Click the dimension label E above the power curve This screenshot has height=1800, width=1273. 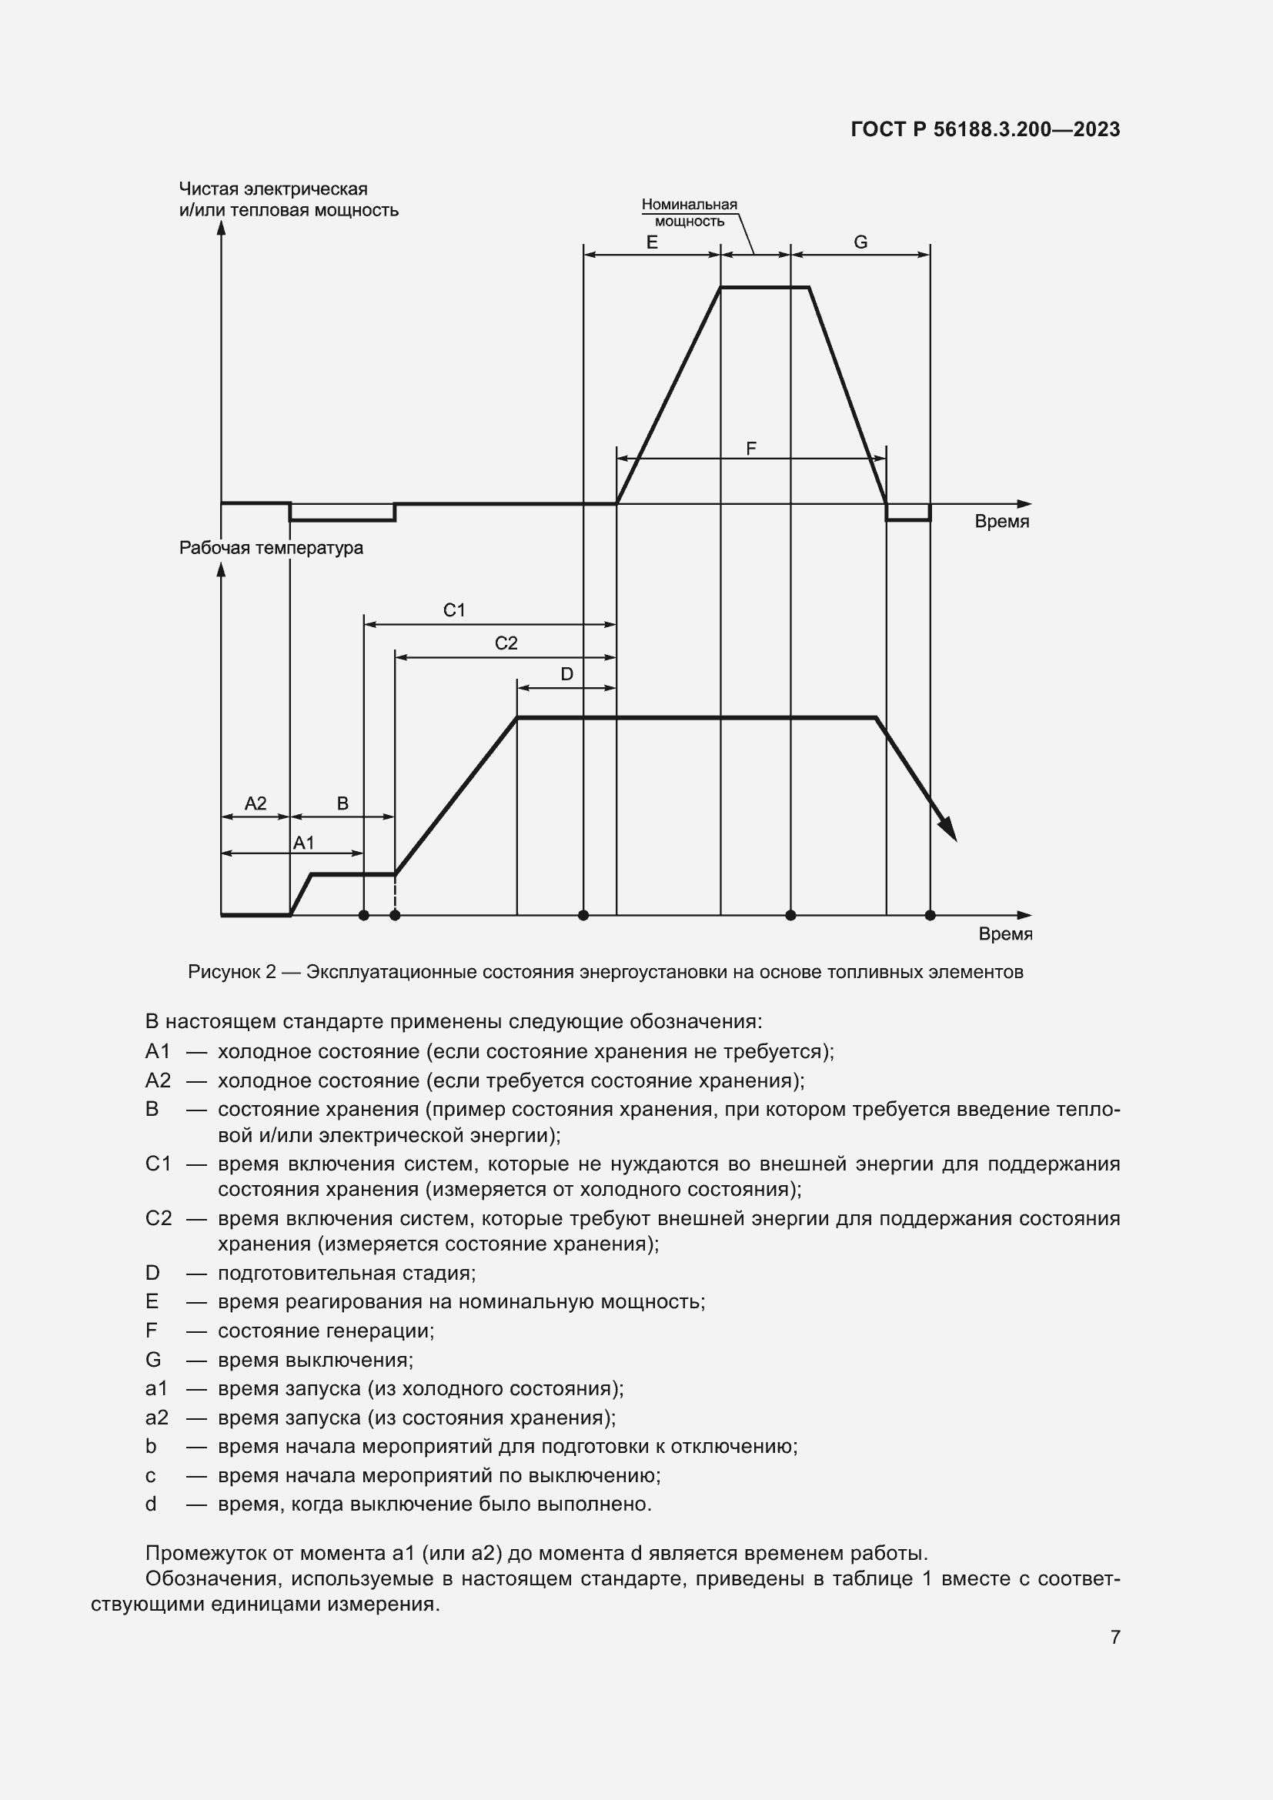(651, 242)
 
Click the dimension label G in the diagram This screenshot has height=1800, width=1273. (860, 242)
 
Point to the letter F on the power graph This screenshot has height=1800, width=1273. (751, 449)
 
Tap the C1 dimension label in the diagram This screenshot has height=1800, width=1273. (454, 610)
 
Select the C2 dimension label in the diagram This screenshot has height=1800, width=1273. (506, 643)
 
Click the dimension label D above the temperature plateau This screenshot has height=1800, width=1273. (566, 674)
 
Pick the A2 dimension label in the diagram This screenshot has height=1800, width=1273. (256, 803)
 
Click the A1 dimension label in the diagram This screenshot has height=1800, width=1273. (303, 843)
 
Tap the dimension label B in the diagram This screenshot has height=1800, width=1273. (342, 803)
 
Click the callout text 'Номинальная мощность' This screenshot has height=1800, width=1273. (689, 212)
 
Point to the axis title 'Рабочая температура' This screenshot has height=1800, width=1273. (271, 548)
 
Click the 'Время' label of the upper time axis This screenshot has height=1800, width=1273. (1002, 521)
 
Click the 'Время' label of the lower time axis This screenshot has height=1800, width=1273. (1005, 933)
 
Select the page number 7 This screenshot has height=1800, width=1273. (1114, 1637)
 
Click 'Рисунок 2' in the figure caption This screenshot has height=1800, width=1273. (232, 973)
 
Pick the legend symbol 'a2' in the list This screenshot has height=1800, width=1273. (157, 1418)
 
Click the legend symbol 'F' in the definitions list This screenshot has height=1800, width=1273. (152, 1331)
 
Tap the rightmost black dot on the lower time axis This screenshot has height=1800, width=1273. (930, 915)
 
